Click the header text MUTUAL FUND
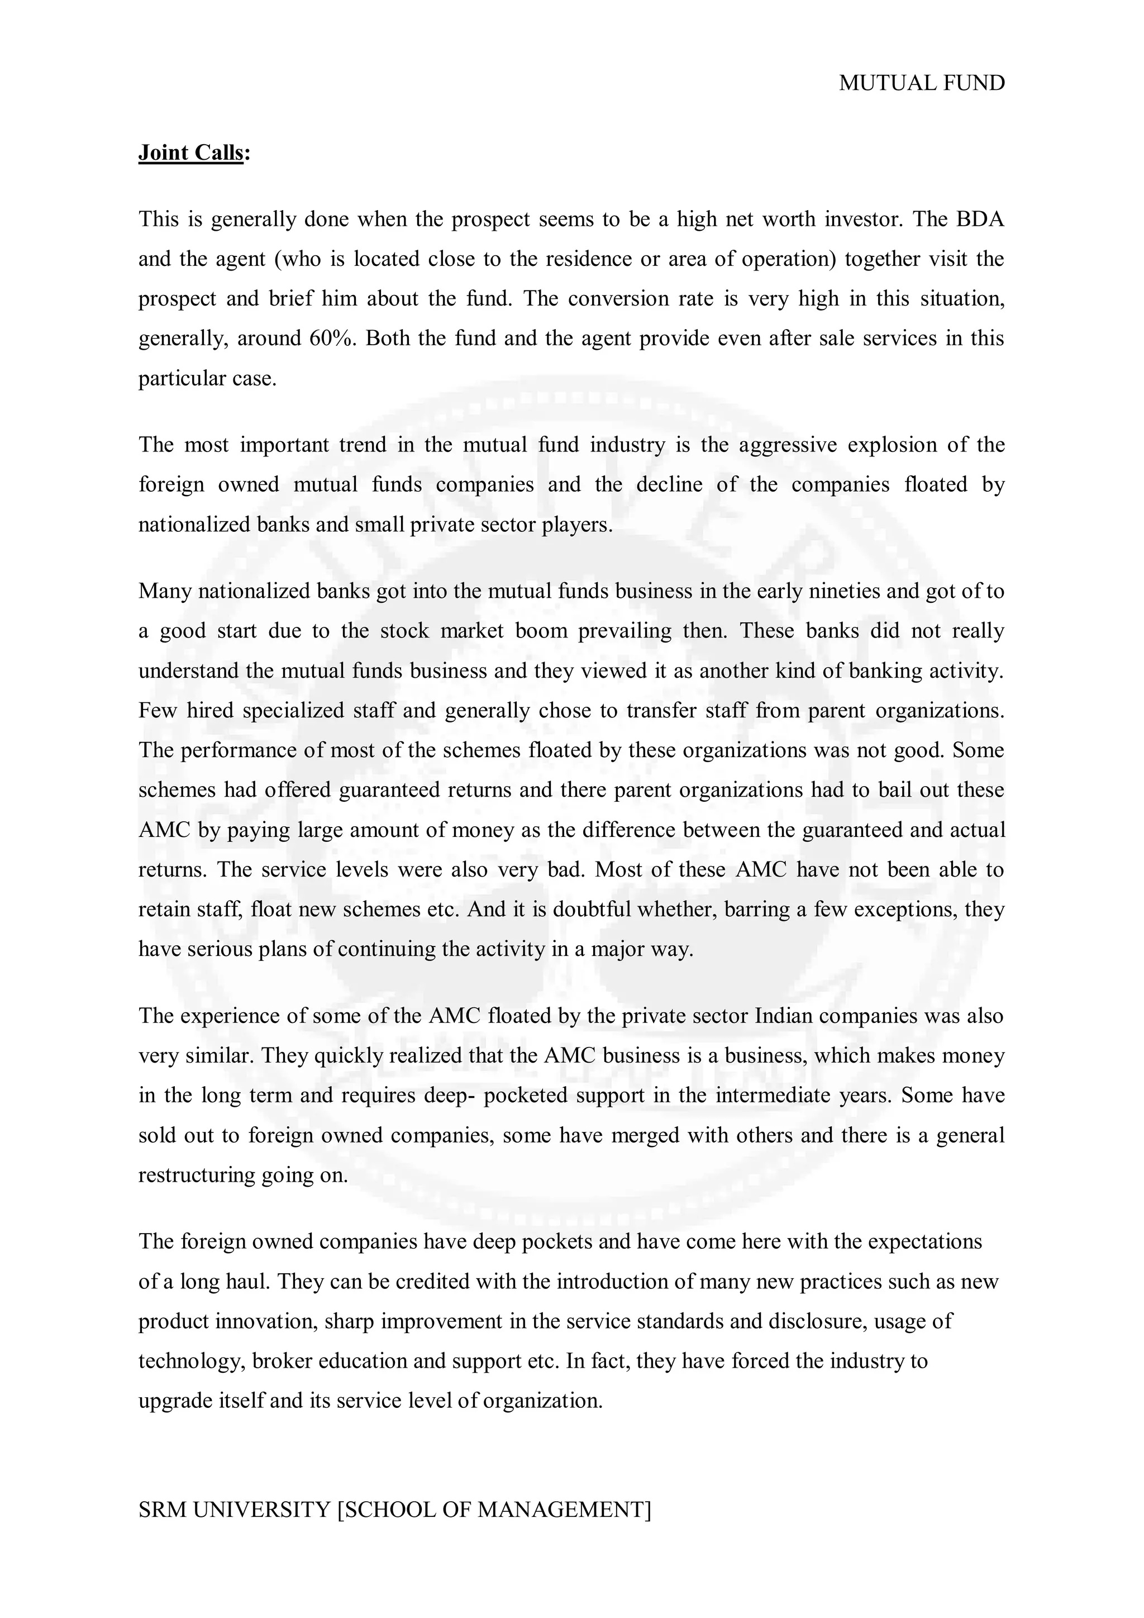tap(921, 83)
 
